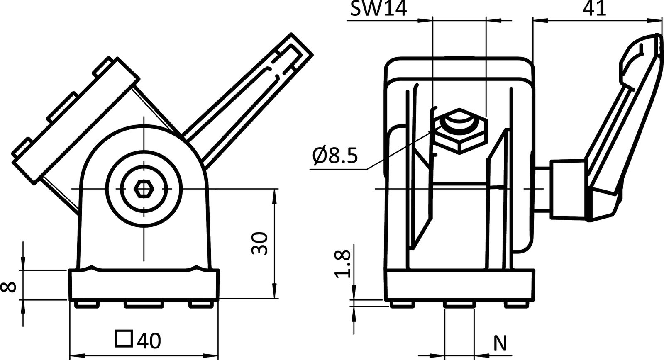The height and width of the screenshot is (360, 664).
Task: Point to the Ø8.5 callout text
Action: (334, 156)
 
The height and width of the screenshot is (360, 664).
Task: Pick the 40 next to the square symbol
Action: (149, 341)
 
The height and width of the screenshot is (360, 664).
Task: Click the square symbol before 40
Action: (124, 339)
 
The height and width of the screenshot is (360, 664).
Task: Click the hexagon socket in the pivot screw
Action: (143, 190)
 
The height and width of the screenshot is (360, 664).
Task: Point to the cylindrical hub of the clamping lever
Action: (566, 189)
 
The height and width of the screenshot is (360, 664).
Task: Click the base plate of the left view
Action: (143, 285)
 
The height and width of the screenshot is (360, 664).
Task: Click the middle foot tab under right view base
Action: (459, 305)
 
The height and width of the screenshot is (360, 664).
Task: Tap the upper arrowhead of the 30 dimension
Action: (274, 195)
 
